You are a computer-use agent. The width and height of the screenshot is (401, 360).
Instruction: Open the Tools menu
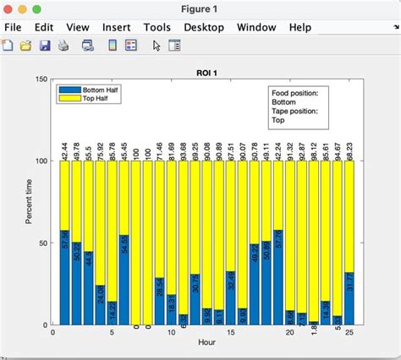[x=157, y=27]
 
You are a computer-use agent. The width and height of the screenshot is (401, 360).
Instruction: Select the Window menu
[x=255, y=27]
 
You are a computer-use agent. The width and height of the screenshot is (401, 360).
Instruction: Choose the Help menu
[x=299, y=27]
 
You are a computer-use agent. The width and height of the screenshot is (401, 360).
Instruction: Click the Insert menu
[x=116, y=27]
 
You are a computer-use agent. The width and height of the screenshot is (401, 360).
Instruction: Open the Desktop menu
[x=204, y=27]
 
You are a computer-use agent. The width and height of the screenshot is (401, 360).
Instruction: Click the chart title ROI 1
[x=208, y=73]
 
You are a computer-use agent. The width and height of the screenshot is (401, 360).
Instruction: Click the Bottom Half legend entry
[x=100, y=89]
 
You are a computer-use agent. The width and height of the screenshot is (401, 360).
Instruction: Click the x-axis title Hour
[x=207, y=342]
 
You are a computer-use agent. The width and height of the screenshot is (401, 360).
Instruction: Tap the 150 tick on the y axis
[x=41, y=79]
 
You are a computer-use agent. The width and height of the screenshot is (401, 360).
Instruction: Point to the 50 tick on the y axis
[x=43, y=243]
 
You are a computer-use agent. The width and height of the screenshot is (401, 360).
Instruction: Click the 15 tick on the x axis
[x=230, y=333]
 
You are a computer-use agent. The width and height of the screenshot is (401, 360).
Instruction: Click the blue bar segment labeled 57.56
[x=64, y=277]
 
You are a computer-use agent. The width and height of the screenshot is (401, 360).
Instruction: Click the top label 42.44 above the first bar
[x=64, y=149]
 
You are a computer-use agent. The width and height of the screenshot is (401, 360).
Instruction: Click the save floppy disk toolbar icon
[x=45, y=46]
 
